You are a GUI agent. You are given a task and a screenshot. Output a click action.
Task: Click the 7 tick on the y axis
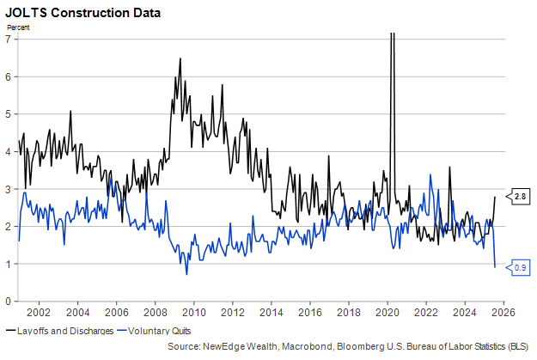tap(7, 39)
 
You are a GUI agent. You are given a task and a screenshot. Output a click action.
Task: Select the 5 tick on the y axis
tap(7, 113)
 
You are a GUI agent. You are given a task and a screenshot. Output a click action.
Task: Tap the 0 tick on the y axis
tap(7, 302)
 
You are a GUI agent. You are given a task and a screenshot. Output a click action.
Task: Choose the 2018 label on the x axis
tap(349, 313)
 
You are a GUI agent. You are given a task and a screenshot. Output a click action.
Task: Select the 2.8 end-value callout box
tap(520, 198)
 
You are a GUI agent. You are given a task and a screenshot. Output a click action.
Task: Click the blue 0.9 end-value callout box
tap(520, 268)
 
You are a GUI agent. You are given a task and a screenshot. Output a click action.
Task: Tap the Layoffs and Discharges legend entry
tap(61, 330)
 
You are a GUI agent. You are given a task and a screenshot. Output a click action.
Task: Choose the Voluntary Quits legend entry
tap(154, 330)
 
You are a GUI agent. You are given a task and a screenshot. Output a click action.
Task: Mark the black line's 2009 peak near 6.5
tap(180, 58)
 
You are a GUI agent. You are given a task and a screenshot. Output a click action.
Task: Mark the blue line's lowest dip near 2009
tap(186, 274)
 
